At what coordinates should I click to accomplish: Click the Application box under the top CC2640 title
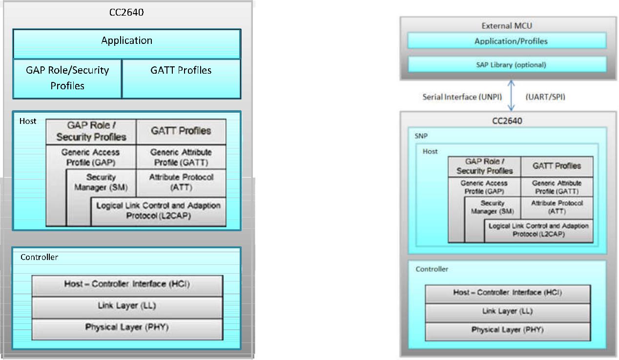tap(126, 41)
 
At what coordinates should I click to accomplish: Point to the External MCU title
tap(507, 26)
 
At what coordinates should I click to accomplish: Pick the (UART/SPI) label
tap(545, 97)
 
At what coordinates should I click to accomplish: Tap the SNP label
tap(420, 137)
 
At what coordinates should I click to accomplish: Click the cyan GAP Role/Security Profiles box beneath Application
tap(67, 78)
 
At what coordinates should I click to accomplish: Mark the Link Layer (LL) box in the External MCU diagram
tap(507, 311)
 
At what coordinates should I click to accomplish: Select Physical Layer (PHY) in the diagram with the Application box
tap(126, 327)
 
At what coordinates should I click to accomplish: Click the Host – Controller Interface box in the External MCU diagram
tap(507, 293)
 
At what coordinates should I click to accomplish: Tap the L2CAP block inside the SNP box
tap(538, 230)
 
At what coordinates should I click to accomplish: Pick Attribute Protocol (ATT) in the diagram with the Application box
tap(181, 182)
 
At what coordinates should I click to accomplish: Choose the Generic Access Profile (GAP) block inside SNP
tap(484, 187)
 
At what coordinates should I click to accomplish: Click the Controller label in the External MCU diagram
tap(432, 269)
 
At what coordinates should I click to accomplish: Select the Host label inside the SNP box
tap(430, 152)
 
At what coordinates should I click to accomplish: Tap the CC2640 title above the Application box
tap(126, 13)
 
